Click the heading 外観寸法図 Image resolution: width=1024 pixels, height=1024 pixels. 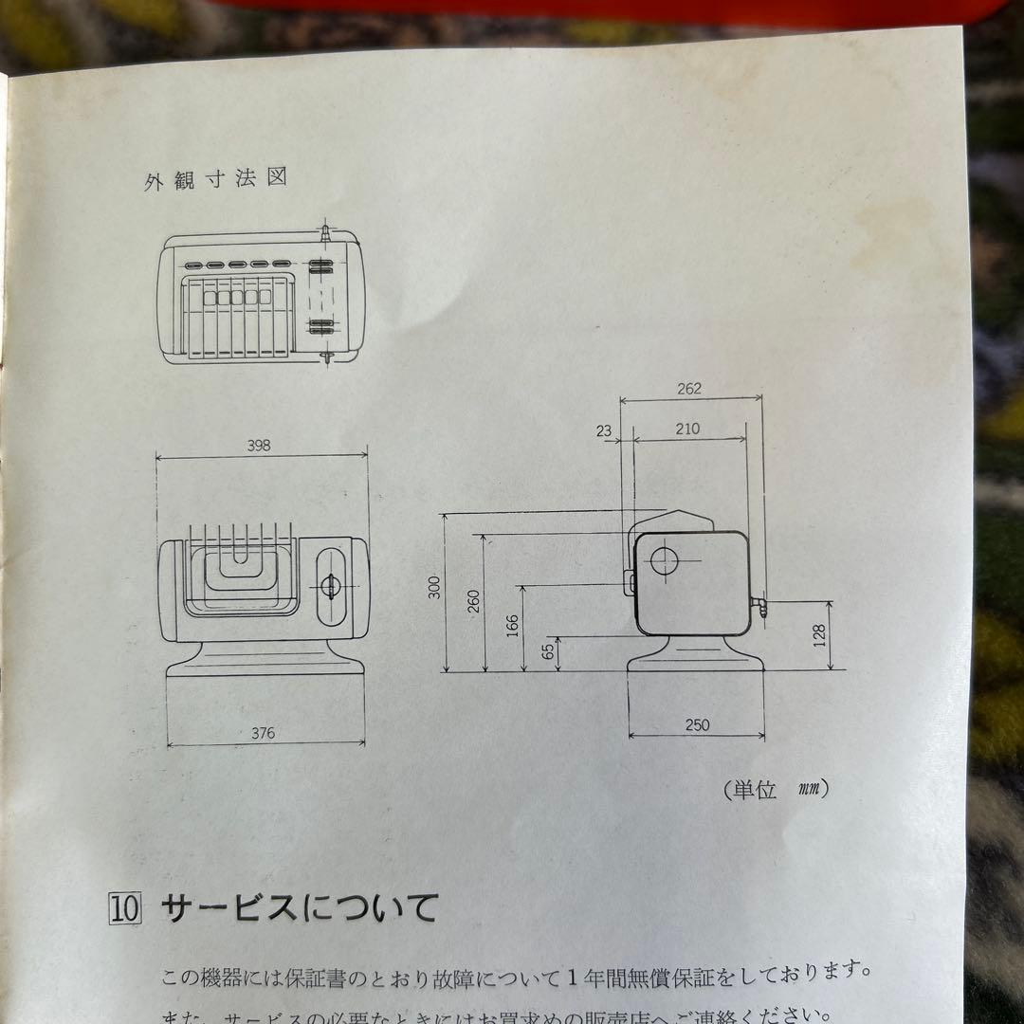tap(215, 179)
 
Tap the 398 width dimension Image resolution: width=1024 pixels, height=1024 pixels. tap(258, 446)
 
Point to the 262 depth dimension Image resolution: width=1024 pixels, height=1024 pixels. tap(689, 389)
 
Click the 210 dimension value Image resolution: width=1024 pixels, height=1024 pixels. tap(687, 429)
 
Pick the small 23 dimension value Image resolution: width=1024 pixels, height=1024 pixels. tap(605, 430)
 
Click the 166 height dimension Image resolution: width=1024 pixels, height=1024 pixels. tap(513, 626)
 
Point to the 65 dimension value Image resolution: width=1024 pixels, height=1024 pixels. tap(548, 651)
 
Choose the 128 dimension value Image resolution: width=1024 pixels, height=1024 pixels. tap(821, 633)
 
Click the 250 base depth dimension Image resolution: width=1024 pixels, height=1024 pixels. tap(697, 725)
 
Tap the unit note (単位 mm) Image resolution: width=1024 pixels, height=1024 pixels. tap(775, 788)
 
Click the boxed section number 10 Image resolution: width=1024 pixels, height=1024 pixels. tap(125, 908)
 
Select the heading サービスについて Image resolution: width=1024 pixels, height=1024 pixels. tap(299, 907)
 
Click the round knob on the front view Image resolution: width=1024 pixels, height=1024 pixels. tap(329, 586)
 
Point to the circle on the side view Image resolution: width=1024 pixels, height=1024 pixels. tap(665, 560)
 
